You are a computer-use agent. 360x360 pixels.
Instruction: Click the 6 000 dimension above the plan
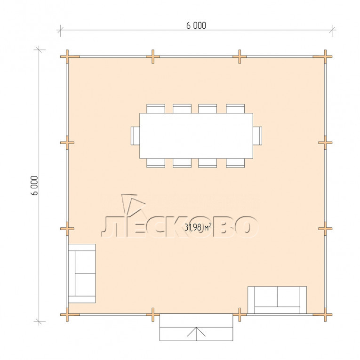(196, 25)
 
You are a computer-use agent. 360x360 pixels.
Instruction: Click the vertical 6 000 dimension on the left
(34, 185)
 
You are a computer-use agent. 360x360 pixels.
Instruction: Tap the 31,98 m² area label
(198, 227)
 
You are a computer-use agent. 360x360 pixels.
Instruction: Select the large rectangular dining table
(196, 136)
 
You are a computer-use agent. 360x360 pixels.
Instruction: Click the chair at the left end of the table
(136, 136)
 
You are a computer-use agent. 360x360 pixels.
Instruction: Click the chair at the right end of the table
(257, 136)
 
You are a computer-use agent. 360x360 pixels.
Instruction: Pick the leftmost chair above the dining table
(156, 109)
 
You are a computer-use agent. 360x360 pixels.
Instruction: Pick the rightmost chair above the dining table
(235, 109)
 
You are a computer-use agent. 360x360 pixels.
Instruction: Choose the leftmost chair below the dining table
(156, 163)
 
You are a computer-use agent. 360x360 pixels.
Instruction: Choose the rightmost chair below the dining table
(235, 163)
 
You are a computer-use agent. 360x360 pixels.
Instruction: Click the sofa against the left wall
(82, 273)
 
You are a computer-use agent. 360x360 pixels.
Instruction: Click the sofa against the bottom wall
(277, 300)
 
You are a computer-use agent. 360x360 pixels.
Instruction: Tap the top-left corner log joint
(67, 56)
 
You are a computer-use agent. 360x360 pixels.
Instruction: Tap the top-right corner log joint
(325, 56)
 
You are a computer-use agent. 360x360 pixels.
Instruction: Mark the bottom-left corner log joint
(67, 314)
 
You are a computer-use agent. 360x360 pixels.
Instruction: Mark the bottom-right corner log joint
(325, 314)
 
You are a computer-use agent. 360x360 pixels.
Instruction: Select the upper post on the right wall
(325, 143)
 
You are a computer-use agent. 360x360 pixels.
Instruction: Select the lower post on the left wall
(67, 229)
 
